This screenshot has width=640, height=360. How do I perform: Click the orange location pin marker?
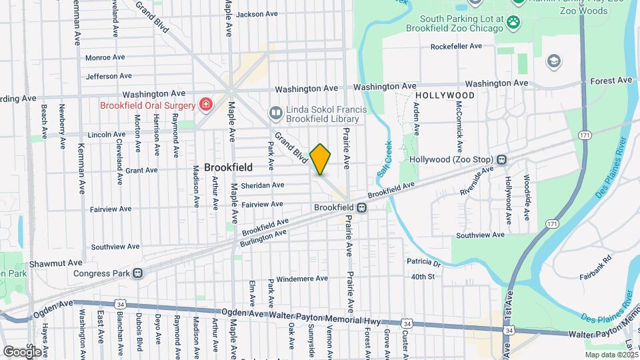[321, 159]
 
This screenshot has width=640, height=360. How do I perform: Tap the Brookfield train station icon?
[361, 207]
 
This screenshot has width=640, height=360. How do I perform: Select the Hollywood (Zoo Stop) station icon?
[501, 160]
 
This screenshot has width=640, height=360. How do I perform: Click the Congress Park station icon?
[138, 273]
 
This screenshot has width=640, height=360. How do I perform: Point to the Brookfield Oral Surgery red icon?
[206, 105]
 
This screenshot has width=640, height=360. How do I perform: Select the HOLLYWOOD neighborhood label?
[445, 95]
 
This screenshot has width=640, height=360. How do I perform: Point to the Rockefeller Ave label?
[456, 47]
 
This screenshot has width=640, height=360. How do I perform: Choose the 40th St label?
[423, 276]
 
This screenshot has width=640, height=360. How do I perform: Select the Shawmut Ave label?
[60, 263]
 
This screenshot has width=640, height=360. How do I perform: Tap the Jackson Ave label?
[257, 14]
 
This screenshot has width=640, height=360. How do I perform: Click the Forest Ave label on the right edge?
[611, 81]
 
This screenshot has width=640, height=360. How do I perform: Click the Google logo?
[22, 351]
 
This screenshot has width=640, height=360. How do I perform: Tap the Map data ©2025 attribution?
[609, 354]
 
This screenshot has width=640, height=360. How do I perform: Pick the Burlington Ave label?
[263, 239]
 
